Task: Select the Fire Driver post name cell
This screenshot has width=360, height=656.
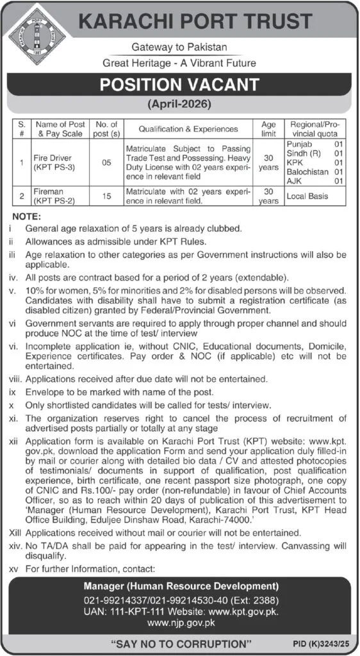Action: click(53, 161)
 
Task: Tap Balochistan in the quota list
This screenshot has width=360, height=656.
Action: click(303, 172)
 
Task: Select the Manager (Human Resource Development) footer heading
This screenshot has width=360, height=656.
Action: click(180, 586)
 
